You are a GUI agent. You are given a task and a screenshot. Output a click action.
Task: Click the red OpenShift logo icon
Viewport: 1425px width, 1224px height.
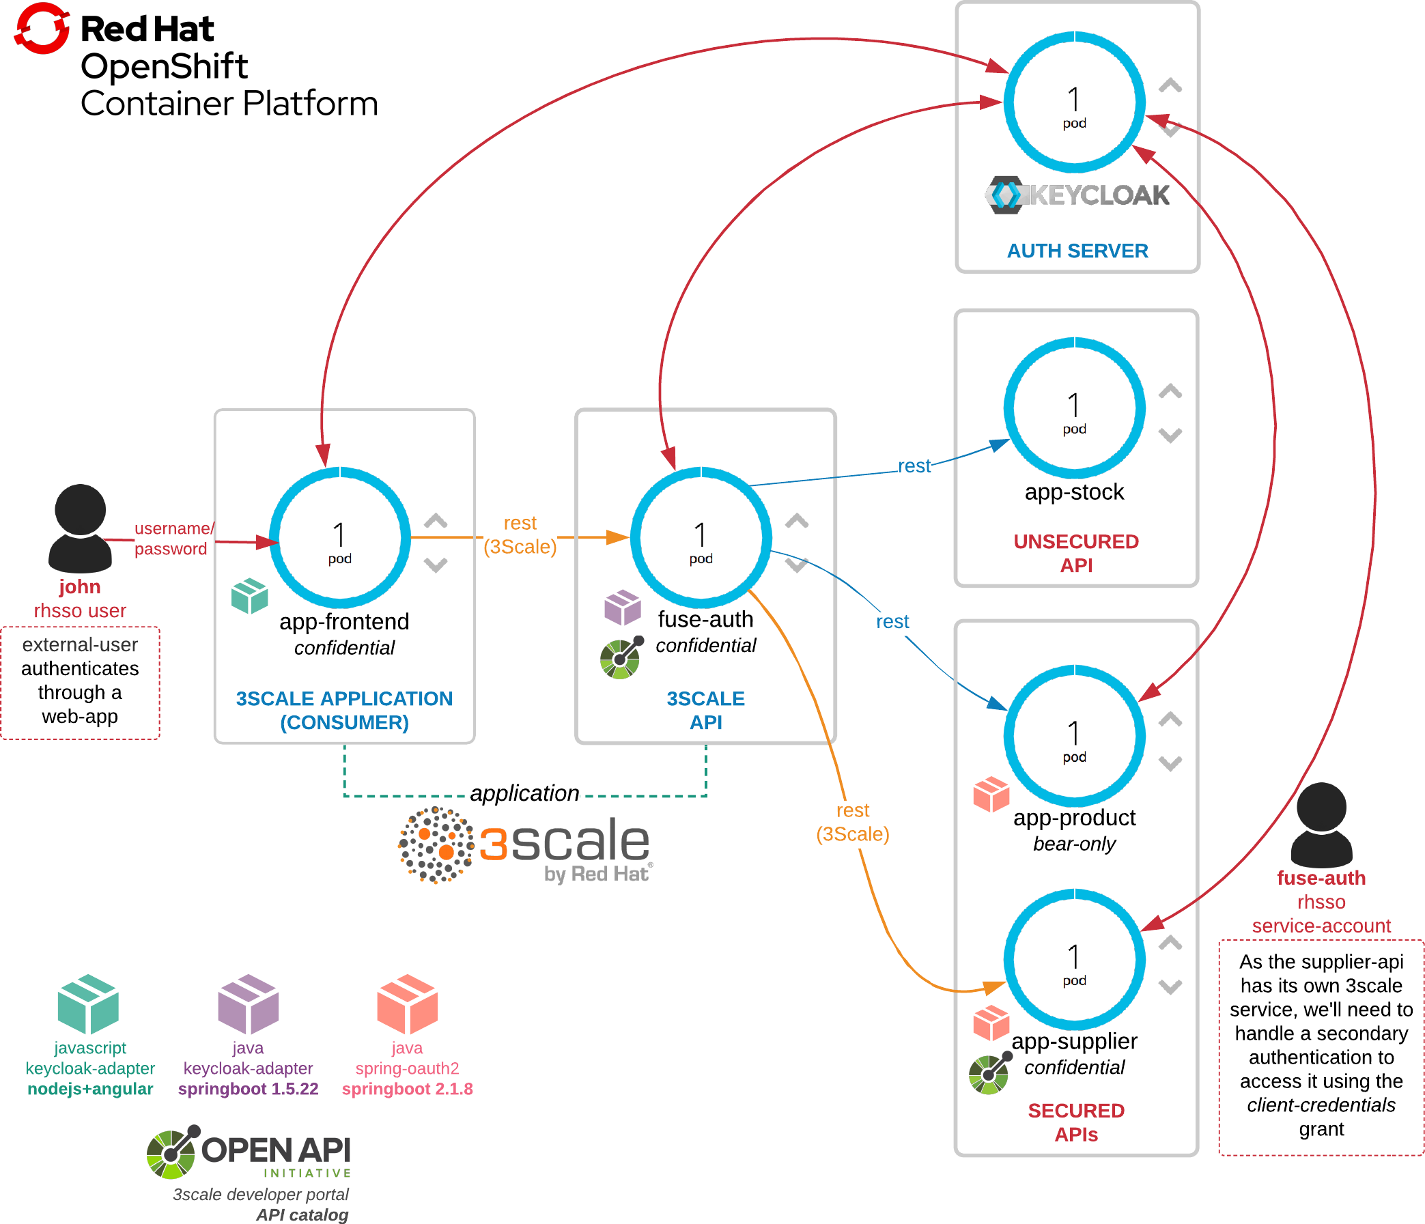click(x=42, y=27)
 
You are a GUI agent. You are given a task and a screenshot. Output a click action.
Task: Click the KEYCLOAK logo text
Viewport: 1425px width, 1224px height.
click(x=1077, y=195)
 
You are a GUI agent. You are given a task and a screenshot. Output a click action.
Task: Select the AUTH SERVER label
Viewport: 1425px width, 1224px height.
click(x=1077, y=251)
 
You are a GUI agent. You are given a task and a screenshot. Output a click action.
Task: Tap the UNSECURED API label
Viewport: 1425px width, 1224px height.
click(x=1075, y=554)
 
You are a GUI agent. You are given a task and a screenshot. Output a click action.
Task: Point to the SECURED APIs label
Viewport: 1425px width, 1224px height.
click(x=1075, y=1122)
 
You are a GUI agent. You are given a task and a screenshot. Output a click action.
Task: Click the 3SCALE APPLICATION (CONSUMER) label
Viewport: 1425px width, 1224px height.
click(x=344, y=711)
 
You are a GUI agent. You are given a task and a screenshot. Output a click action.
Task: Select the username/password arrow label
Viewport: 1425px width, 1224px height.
click(x=173, y=539)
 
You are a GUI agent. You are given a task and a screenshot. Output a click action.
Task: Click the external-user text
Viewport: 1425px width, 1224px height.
click(x=80, y=645)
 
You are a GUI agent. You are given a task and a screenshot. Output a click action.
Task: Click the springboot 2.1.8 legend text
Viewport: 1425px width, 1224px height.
click(x=407, y=1090)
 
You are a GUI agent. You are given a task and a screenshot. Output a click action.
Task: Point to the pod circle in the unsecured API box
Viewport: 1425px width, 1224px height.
click(x=1074, y=408)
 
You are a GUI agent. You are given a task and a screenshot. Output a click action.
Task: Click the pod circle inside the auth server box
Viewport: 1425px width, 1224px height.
click(x=1074, y=102)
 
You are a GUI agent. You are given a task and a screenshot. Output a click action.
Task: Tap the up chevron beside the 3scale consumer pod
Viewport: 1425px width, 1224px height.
click(x=436, y=521)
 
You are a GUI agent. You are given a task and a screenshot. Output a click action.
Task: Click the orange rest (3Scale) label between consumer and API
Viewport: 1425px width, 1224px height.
click(x=520, y=535)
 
